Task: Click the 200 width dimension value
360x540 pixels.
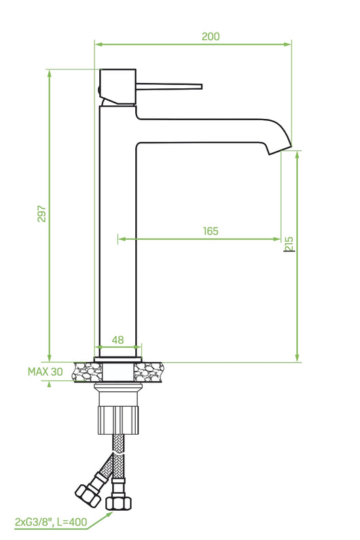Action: [211, 37]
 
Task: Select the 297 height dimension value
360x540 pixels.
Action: [41, 214]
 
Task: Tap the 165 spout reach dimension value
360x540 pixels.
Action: [211, 231]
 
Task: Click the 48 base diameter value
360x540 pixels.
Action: [118, 340]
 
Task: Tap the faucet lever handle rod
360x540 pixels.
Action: [170, 86]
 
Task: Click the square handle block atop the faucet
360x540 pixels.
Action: [119, 86]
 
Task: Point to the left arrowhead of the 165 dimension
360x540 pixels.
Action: [121, 238]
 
